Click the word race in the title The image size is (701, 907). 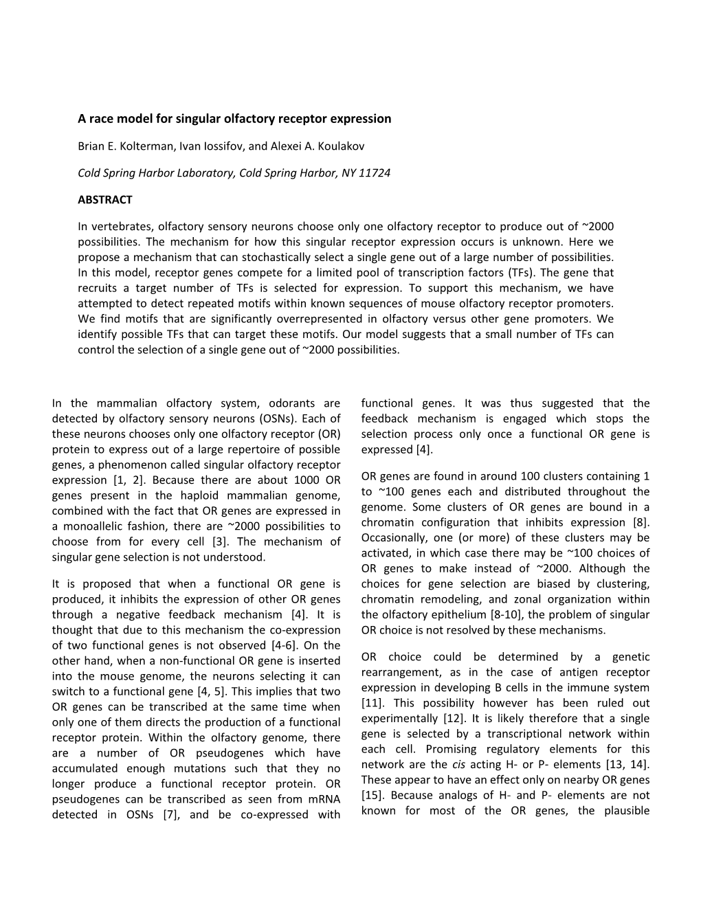(x=100, y=119)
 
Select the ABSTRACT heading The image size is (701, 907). (x=104, y=200)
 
